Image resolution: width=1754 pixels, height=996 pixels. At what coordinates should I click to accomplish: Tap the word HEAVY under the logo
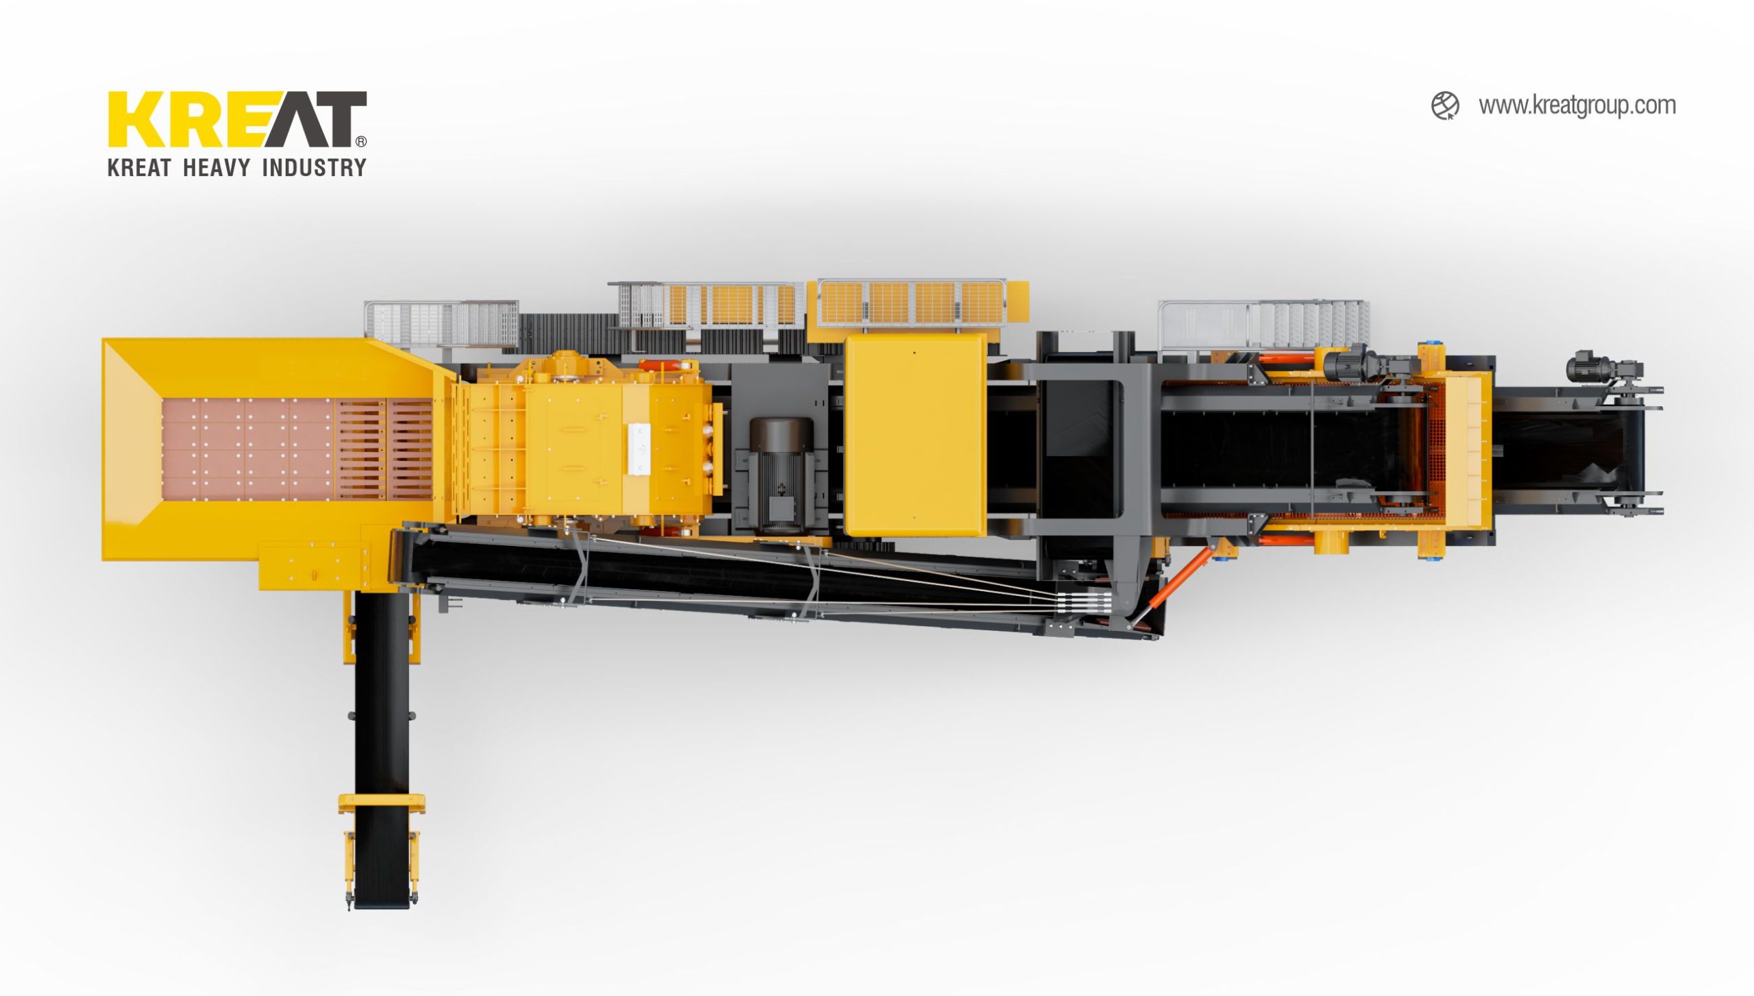217,168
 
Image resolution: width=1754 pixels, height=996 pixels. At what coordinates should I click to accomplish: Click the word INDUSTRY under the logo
314,168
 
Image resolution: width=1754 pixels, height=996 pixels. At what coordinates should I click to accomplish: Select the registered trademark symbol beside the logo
361,141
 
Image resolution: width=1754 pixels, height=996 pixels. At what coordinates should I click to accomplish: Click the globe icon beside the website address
1445,106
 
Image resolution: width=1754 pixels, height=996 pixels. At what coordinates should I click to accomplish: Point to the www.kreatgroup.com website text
1577,106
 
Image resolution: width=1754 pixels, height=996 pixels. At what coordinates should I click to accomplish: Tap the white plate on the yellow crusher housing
639,449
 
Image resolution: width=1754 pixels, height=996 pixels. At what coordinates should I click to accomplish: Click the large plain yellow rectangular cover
916,434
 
